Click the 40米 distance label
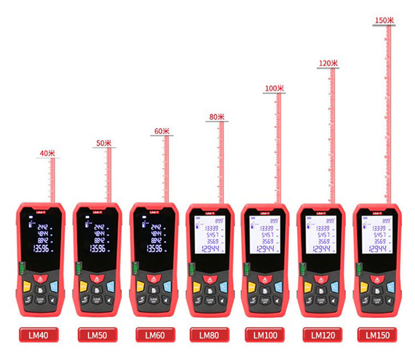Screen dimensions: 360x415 [47, 153]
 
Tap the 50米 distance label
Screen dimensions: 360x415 [104, 143]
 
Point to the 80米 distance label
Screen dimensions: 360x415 [216, 117]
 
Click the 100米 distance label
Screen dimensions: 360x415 [274, 89]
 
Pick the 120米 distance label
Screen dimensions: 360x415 [328, 63]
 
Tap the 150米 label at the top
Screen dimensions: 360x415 [385, 20]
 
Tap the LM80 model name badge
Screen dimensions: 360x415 [209, 334]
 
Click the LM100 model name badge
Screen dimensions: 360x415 [265, 335]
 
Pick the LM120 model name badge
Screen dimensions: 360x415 [323, 335]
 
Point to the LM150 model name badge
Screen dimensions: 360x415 [378, 335]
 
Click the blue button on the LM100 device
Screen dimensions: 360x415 [280, 287]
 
